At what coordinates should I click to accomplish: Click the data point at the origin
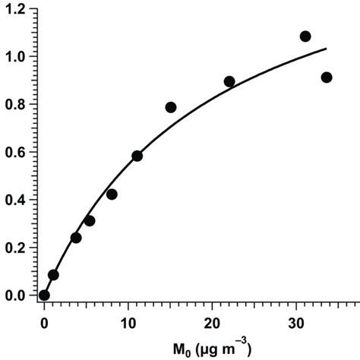(44, 295)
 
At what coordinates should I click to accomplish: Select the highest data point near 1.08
(305, 36)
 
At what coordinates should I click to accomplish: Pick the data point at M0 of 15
(171, 107)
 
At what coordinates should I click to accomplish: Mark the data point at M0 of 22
(229, 81)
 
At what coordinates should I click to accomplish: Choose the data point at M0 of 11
(137, 156)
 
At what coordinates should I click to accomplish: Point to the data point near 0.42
(112, 194)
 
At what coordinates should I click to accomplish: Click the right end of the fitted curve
(327, 49)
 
